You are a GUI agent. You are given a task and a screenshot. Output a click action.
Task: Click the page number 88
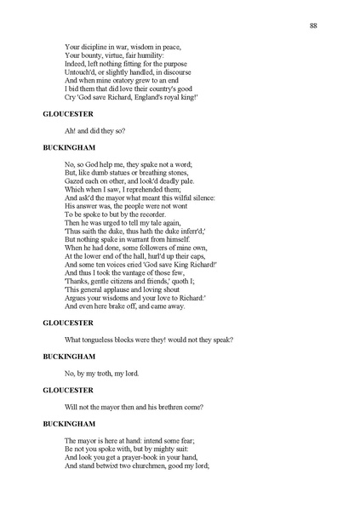(x=313, y=27)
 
